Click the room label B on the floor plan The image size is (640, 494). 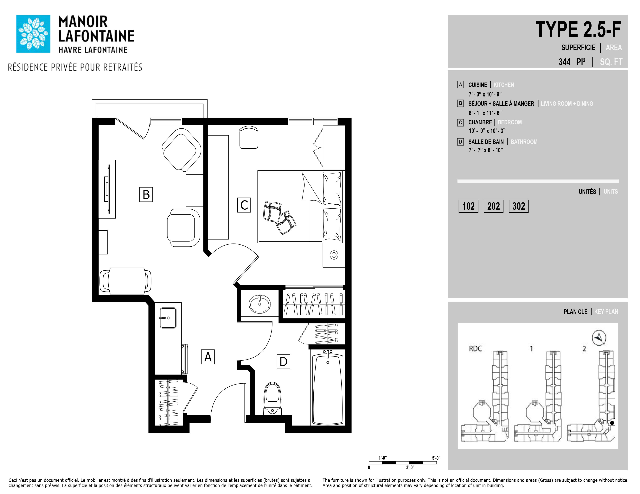[x=146, y=195]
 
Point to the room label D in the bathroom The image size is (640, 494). [x=283, y=361]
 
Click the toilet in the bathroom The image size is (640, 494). [x=272, y=399]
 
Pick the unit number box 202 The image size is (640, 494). [x=494, y=206]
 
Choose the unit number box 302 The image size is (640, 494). [x=519, y=206]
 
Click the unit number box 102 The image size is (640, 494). [x=468, y=206]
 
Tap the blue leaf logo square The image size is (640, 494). [x=33, y=34]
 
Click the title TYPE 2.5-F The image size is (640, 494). [x=578, y=30]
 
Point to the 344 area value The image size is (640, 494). [x=564, y=62]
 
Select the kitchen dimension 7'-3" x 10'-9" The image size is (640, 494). [x=485, y=94]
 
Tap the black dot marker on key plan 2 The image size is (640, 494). [x=612, y=423]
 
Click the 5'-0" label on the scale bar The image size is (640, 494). [x=436, y=458]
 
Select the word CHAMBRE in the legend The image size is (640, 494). [x=480, y=122]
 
